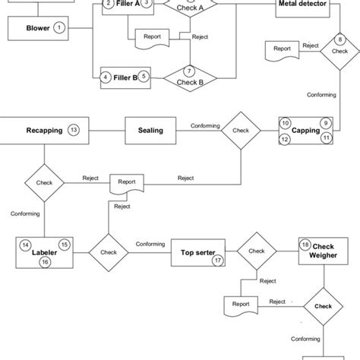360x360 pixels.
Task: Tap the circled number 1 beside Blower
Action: coord(60,28)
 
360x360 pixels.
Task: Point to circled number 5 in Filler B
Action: coord(145,77)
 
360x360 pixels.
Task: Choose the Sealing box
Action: coord(150,130)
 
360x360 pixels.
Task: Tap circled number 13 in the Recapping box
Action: coord(73,130)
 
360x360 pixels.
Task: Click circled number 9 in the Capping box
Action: coord(325,122)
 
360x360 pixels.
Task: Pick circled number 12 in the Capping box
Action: coord(285,139)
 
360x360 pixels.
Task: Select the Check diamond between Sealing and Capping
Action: coord(241,131)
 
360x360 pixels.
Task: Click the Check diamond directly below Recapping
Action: coord(45,182)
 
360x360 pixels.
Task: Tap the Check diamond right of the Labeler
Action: coord(109,252)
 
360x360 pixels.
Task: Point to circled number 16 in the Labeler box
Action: coord(45,262)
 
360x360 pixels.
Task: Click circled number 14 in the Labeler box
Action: coord(26,245)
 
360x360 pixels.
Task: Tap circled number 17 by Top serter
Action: coord(217,260)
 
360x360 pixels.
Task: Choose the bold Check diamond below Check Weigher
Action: coord(324,307)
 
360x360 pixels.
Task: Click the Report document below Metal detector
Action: coord(282,50)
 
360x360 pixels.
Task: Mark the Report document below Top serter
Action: coord(241,305)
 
